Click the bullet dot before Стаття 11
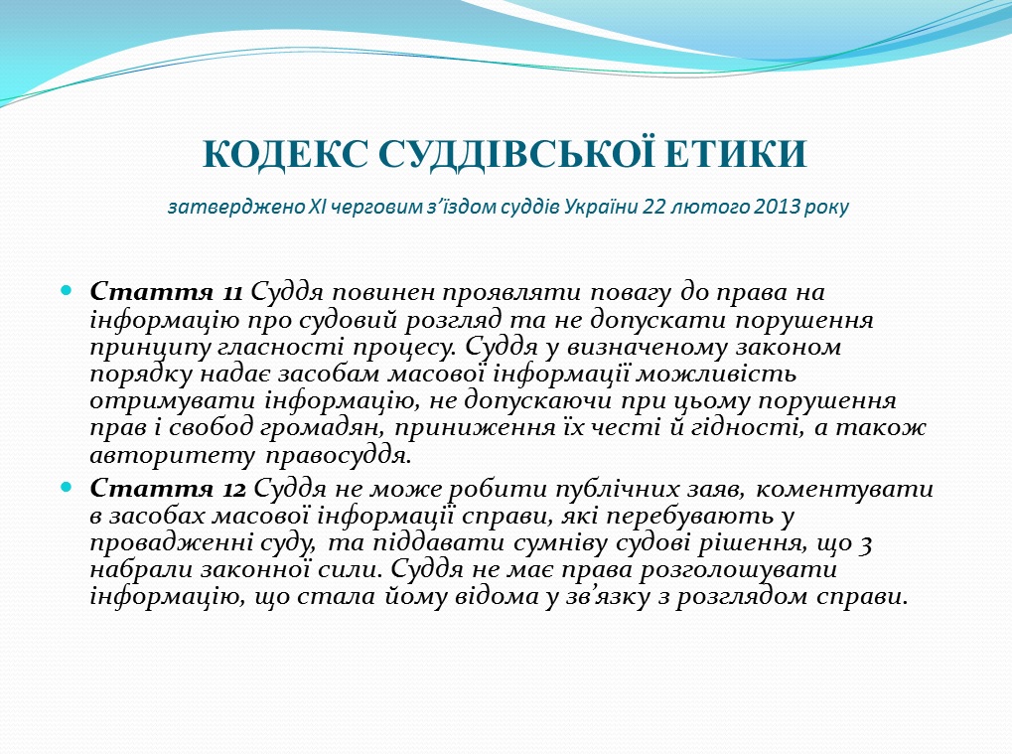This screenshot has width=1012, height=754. [67, 290]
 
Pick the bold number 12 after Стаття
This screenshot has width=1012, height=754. [233, 490]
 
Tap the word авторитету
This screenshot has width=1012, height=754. [173, 457]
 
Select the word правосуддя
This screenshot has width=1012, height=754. [339, 457]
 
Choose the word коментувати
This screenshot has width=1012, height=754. [844, 489]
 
